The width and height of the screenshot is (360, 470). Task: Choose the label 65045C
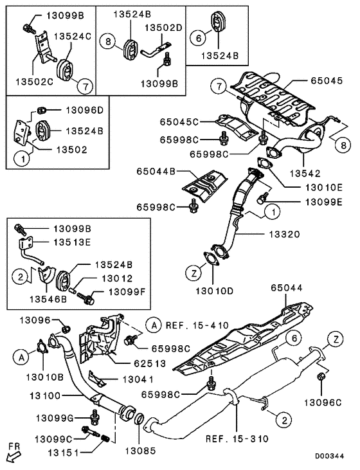181,122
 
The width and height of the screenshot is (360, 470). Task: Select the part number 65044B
156,172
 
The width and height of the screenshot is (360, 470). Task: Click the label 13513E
71,242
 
